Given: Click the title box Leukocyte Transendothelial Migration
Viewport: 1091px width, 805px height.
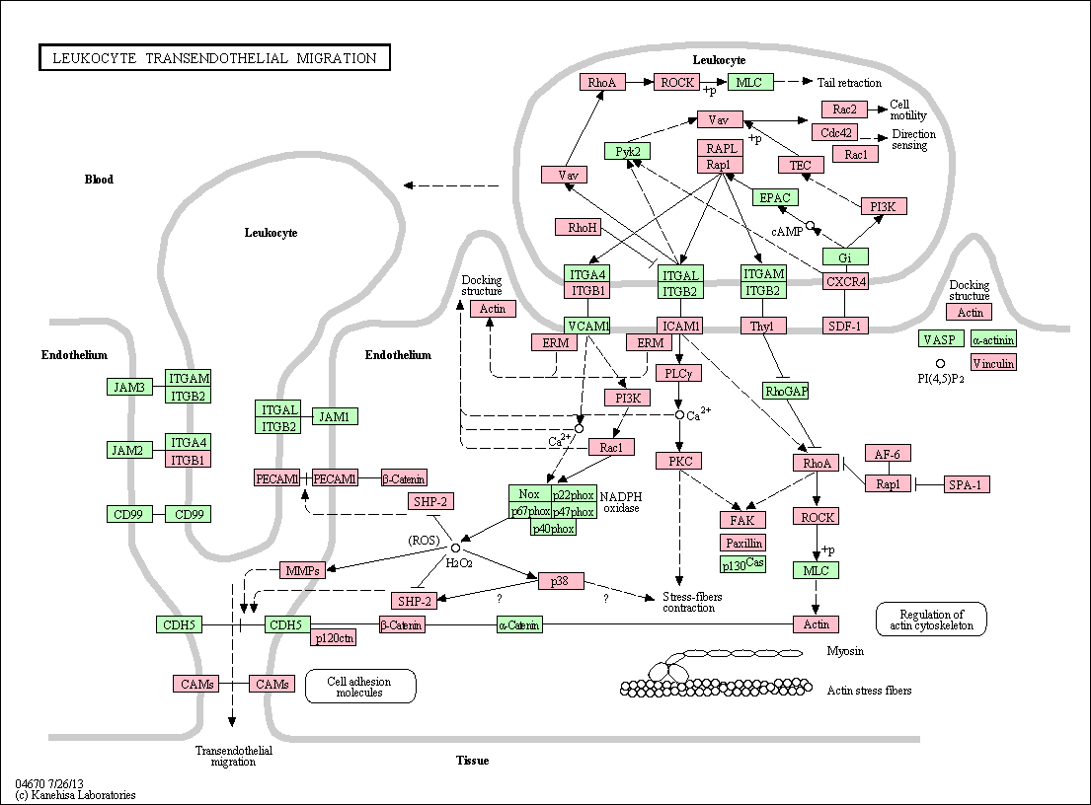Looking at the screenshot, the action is tap(214, 57).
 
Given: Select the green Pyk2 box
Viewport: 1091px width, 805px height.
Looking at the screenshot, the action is tap(628, 151).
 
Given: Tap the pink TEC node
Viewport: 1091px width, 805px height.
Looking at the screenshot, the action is tap(801, 165).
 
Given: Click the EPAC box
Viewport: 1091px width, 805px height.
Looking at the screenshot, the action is tap(774, 197).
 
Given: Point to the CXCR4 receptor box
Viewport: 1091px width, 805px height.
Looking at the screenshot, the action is tap(845, 281).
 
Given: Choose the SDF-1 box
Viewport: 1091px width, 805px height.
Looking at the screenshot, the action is tap(845, 326).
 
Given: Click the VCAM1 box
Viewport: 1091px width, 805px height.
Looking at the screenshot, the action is tap(587, 326).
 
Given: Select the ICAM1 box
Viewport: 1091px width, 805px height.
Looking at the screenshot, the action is tap(680, 326).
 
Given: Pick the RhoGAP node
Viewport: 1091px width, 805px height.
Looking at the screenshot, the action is tap(786, 391).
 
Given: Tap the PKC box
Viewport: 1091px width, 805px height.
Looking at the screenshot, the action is tap(680, 460).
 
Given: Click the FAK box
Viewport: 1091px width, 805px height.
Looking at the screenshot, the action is tap(742, 520).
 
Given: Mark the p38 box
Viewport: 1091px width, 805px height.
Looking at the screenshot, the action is tap(561, 580).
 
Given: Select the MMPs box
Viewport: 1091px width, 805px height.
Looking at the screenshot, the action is tap(303, 570).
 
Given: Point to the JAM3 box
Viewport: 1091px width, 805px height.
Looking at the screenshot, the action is tap(129, 387).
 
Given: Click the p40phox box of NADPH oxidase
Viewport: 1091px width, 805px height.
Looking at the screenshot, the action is tap(553, 529).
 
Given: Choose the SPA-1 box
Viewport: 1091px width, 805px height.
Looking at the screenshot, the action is tap(967, 484).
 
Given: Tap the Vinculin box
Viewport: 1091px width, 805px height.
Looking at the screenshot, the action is tap(993, 362).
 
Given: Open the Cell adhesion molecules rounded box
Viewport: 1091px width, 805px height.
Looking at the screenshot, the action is tap(360, 687).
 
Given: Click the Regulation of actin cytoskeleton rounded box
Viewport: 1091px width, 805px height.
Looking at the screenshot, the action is tap(931, 619).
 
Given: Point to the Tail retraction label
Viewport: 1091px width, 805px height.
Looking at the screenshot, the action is tap(849, 83).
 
